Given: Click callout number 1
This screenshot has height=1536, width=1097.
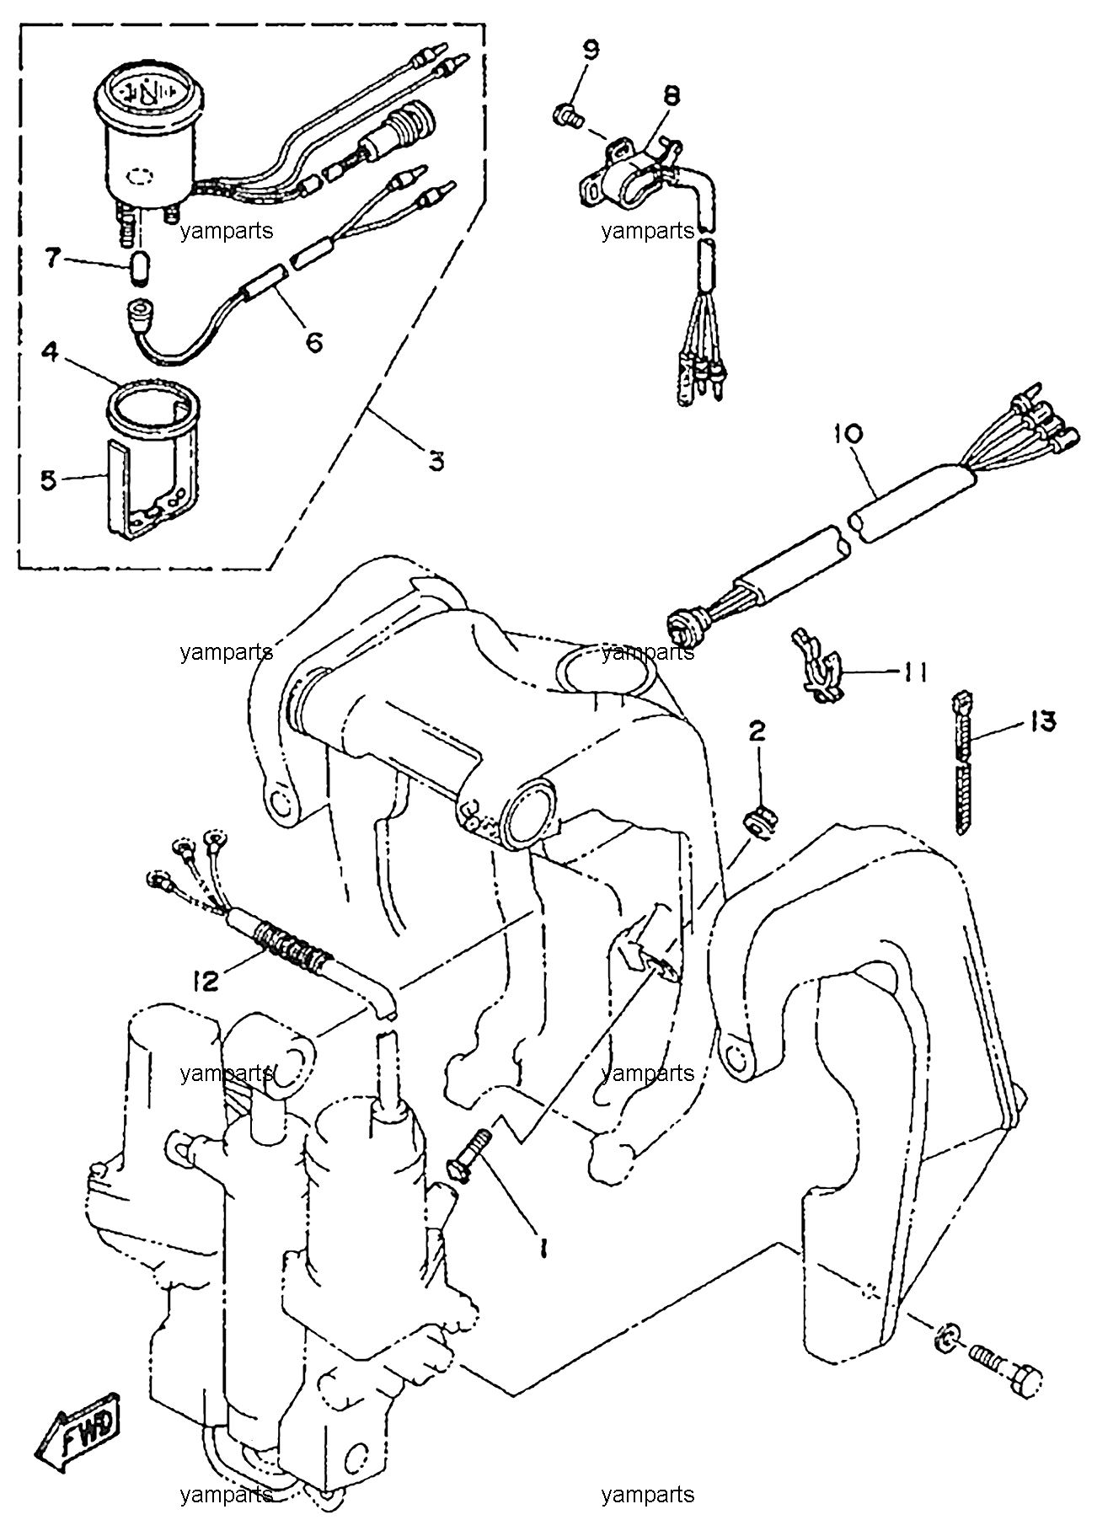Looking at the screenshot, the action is (543, 1247).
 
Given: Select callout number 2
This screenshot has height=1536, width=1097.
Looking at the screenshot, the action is (757, 731).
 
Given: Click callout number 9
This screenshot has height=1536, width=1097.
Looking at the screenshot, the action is (591, 50).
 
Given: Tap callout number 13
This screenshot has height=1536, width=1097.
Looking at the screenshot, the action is (1041, 722).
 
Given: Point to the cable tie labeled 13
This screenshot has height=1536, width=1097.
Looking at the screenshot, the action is (961, 763).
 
